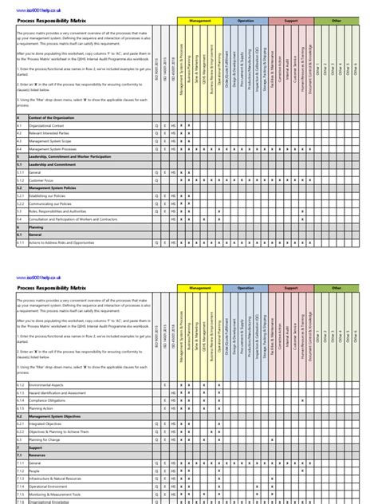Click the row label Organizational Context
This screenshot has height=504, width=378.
click(48, 126)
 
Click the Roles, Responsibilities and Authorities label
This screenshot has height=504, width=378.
click(60, 211)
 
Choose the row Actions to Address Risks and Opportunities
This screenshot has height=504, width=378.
click(67, 242)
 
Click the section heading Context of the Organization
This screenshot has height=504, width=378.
click(56, 118)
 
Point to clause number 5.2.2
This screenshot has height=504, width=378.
click(21, 203)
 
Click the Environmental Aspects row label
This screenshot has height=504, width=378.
click(49, 385)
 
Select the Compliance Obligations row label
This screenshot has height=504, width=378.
click(49, 400)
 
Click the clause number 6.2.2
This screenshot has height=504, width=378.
click(21, 431)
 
